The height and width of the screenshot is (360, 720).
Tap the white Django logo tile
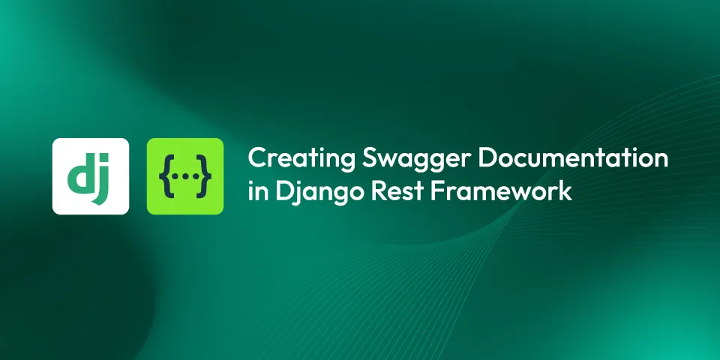pyautogui.click(x=90, y=176)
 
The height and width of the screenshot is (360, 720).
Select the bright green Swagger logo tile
pyautogui.click(x=185, y=176)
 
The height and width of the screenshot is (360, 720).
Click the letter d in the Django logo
pyautogui.click(x=80, y=175)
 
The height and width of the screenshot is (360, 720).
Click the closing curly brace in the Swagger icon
pyautogui.click(x=204, y=176)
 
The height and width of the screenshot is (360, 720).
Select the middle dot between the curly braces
pyautogui.click(x=185, y=176)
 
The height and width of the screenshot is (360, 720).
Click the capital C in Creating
pyautogui.click(x=257, y=159)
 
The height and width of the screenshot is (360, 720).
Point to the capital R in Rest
pyautogui.click(x=368, y=191)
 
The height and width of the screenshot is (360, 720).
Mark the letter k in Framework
pyautogui.click(x=565, y=191)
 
